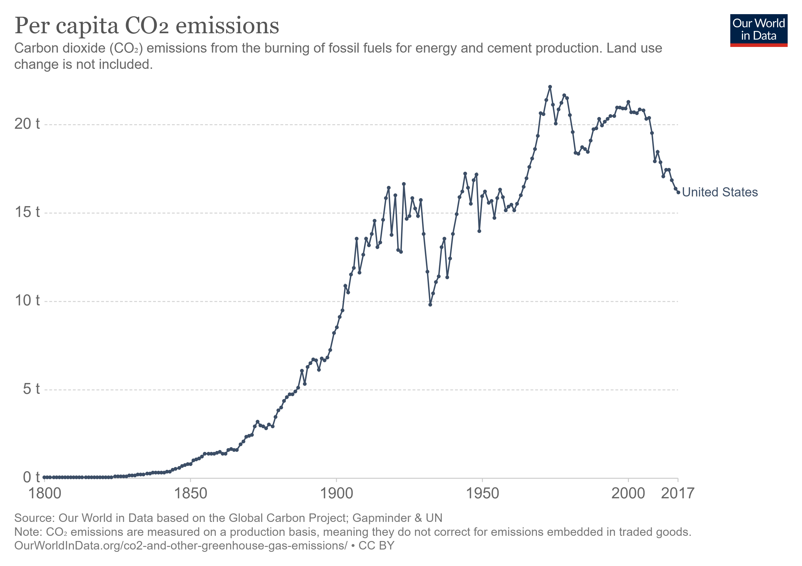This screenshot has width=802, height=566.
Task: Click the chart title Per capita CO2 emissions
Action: (147, 26)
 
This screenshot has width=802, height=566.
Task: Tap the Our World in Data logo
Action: (758, 30)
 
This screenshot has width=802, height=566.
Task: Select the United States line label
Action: (720, 192)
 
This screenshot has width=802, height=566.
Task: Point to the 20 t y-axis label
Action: (27, 124)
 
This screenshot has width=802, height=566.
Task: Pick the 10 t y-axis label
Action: (27, 301)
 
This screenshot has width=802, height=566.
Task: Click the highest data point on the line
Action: (550, 87)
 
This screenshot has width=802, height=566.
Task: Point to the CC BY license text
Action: (376, 545)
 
